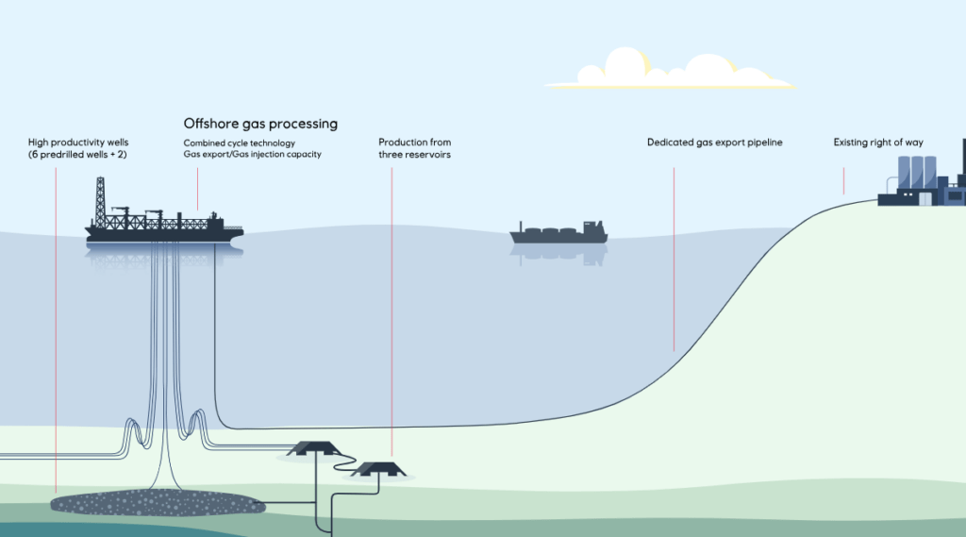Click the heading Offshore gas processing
[260, 124]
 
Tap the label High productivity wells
[78, 143]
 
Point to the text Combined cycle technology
[240, 143]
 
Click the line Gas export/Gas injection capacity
[252, 154]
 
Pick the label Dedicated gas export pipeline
[714, 143]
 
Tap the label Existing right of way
[877, 143]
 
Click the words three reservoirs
[414, 154]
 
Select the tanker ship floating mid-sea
[558, 232]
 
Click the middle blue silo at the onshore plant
[916, 174]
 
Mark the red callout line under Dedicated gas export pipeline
[674, 260]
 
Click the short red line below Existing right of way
[843, 179]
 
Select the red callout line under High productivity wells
[56, 321]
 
